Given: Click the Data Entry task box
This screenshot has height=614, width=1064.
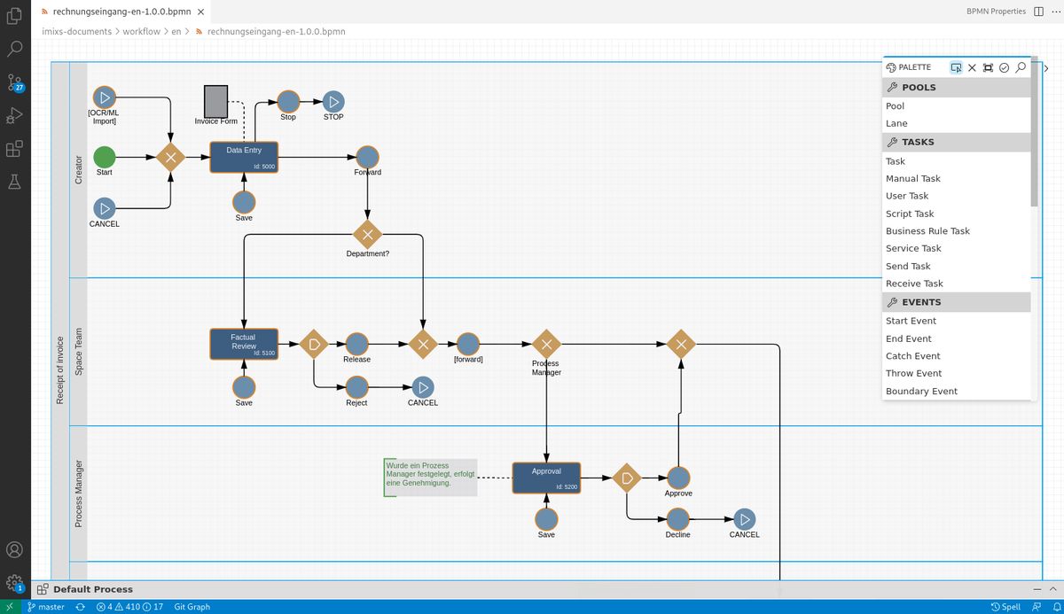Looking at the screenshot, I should click(x=244, y=158).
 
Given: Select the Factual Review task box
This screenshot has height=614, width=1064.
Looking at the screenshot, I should click(x=244, y=344).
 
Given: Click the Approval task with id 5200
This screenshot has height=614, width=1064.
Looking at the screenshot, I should click(x=546, y=478).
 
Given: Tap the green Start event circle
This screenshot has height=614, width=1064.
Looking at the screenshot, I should click(x=105, y=158).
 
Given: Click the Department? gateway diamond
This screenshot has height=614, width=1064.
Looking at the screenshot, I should click(x=367, y=235).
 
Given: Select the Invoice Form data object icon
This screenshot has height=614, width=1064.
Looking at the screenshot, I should click(x=215, y=101).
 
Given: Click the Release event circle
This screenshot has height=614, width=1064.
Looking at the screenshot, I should click(x=356, y=344).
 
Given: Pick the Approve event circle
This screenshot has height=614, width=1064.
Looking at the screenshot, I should click(x=678, y=478).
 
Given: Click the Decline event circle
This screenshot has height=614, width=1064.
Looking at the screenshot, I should click(x=678, y=519).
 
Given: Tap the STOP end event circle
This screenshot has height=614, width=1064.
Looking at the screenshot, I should click(x=333, y=102).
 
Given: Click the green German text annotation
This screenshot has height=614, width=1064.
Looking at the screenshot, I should click(x=430, y=474).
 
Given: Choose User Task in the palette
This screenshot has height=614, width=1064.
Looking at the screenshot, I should click(x=907, y=196).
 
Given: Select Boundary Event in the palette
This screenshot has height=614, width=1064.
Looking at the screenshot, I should click(x=921, y=391).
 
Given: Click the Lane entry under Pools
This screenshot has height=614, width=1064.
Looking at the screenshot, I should click(x=896, y=123).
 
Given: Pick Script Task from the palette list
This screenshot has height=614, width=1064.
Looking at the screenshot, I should click(x=910, y=214).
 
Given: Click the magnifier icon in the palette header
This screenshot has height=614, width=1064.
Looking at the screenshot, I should click(x=1021, y=67).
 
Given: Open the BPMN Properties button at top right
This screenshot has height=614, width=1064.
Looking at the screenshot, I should click(x=996, y=12).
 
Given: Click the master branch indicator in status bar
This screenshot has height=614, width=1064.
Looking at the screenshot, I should click(x=46, y=607).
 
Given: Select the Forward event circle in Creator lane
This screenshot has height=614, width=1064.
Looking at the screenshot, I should click(x=367, y=157).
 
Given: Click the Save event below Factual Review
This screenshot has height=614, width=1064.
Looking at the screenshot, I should click(x=244, y=387).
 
